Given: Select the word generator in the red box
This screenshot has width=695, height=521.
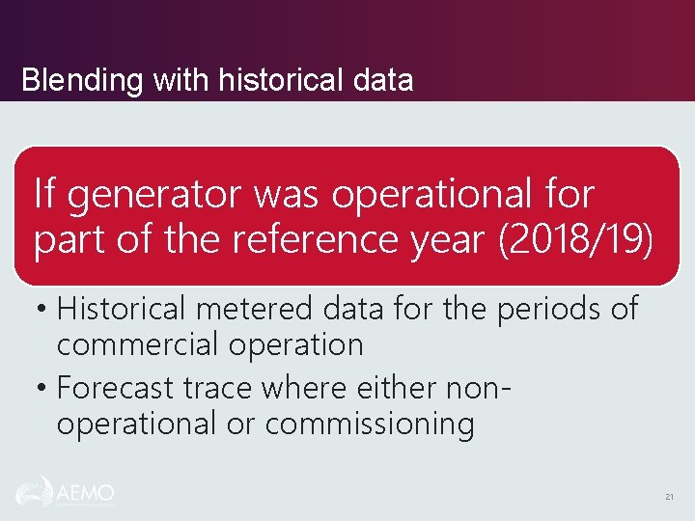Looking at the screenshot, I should point(153,196).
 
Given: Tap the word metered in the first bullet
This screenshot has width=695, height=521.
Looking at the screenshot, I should point(252,309).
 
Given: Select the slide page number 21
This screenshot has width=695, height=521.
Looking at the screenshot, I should point(669,497).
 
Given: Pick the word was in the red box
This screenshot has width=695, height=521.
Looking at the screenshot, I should point(289,196).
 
